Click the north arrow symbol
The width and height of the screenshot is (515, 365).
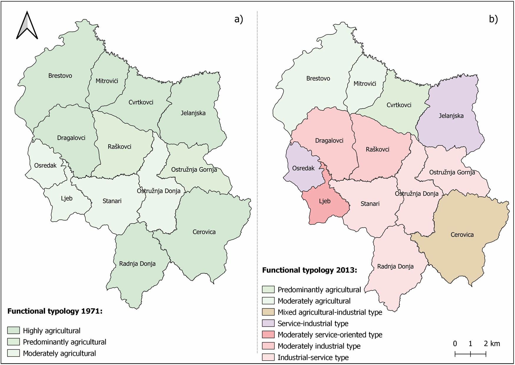point(27,26)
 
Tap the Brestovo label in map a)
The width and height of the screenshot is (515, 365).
point(60,76)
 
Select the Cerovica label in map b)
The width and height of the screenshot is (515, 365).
point(462,235)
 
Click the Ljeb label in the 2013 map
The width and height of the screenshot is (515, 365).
point(325,201)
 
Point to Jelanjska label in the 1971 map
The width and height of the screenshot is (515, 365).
point(193,113)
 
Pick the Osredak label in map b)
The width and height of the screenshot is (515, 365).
point(303,168)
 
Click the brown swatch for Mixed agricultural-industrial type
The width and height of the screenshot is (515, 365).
point(268,312)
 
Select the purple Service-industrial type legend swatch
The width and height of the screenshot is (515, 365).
point(268,323)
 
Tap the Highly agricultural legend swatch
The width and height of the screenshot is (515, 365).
point(13,331)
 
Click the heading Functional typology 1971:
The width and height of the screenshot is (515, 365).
point(55,311)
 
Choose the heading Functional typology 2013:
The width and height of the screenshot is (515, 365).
point(309,270)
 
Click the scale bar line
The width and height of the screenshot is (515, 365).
point(470,354)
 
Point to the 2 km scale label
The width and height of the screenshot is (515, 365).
point(492,343)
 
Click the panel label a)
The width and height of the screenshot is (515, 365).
point(239,19)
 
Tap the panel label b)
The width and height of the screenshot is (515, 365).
point(493,19)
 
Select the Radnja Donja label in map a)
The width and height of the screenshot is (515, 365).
point(137,264)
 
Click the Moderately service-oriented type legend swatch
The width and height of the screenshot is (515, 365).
point(268,335)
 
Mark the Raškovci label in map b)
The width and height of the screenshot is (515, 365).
point(377,149)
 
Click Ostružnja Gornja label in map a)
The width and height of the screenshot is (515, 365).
point(194,170)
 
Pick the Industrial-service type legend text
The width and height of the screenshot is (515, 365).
point(313,357)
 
